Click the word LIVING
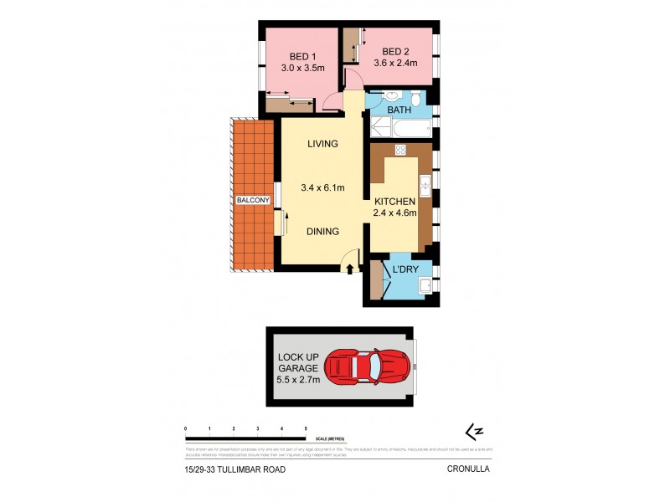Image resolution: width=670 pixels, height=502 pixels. (x=322, y=144)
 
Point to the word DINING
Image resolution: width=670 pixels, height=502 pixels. (x=322, y=232)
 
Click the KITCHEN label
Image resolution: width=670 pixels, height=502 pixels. (x=394, y=202)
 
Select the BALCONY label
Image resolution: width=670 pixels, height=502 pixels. (x=252, y=201)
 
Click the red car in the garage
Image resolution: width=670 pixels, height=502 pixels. (x=368, y=366)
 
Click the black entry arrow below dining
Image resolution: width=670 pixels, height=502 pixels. (x=350, y=269)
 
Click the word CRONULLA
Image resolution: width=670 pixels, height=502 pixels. (x=468, y=470)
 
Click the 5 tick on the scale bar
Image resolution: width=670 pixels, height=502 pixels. (x=306, y=428)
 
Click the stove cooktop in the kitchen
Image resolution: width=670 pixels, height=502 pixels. (x=400, y=151)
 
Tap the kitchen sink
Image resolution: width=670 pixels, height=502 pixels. (x=425, y=186)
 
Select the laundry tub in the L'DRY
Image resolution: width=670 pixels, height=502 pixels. (x=425, y=286)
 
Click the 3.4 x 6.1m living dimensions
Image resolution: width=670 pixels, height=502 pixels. (x=322, y=188)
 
